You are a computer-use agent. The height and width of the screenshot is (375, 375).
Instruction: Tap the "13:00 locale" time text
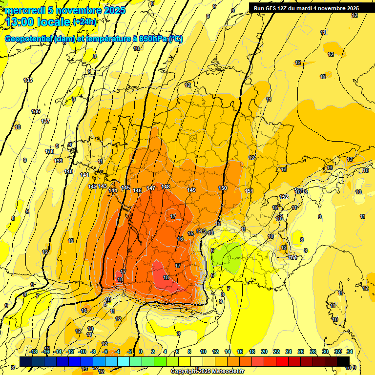pos(38,21)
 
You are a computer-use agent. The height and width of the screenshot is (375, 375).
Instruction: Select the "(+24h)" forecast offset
pos(85,21)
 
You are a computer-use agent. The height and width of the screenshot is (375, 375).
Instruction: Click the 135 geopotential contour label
pos(28,80)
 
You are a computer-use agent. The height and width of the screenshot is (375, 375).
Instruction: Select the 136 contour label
pos(36,111)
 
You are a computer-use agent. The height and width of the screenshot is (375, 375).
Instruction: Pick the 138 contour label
pos(49,151)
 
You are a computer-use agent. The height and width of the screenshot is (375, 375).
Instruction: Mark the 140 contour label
pos(68,171)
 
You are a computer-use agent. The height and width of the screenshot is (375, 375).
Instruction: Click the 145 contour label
pos(125,188)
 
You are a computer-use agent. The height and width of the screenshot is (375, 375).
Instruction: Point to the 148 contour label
pos(166,187)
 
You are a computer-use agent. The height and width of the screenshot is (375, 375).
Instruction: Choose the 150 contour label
pos(223,188)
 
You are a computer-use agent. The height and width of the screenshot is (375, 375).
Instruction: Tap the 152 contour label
pos(284,197)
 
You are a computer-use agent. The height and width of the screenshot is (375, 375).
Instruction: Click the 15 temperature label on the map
pos(190,234)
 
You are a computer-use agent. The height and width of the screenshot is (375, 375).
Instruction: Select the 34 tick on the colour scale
pos(350,352)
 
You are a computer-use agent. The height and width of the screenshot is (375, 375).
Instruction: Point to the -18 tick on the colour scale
pos(34,352)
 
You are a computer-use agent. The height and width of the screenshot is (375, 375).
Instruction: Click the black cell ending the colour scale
pos(343,361)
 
